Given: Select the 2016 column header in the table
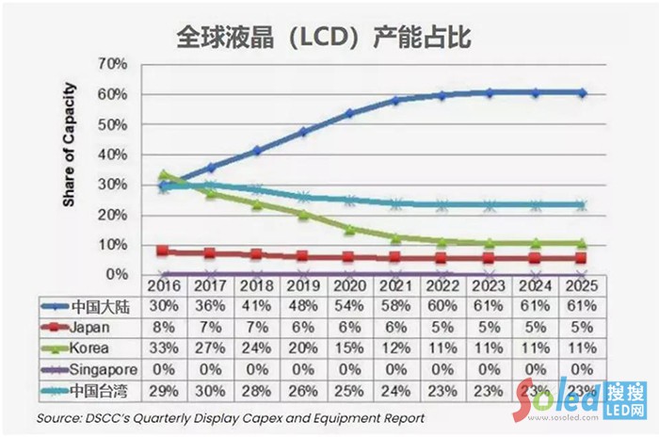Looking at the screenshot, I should pos(165,285).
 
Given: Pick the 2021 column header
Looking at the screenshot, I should pos(396,285).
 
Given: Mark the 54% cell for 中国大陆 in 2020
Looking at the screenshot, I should pos(350,306).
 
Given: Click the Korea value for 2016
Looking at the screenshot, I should pos(165,347).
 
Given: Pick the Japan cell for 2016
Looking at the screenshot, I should pos(165,326).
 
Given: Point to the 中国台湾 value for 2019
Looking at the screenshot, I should pos(304,388).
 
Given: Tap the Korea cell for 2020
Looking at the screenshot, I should pos(350,347).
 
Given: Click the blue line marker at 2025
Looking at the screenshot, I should pos(582,93).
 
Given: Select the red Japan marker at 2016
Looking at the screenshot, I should pos(165,251).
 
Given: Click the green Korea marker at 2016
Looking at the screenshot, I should pos(165,175).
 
